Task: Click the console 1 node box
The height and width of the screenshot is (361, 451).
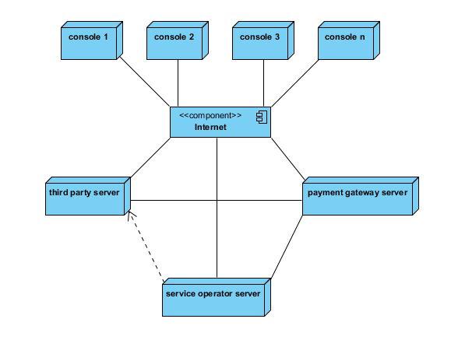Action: click(92, 40)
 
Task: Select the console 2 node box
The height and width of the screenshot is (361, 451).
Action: click(178, 40)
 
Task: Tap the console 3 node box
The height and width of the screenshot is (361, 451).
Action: click(263, 40)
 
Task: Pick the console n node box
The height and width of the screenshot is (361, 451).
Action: click(349, 40)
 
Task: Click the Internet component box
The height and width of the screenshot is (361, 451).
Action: click(220, 122)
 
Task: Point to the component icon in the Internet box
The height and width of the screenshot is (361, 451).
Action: click(262, 117)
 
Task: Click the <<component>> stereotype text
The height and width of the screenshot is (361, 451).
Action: click(210, 115)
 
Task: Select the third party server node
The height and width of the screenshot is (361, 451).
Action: click(88, 196)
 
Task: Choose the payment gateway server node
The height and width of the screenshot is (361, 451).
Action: click(361, 196)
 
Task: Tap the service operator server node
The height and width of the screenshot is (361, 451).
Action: click(217, 297)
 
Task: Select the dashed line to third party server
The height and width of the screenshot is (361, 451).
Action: click(146, 246)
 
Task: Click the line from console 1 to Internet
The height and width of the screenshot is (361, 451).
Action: click(145, 82)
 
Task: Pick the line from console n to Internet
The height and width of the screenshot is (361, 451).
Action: click(294, 83)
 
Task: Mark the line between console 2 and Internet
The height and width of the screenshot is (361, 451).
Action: click(178, 83)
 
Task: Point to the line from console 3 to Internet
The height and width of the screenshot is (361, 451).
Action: click(263, 83)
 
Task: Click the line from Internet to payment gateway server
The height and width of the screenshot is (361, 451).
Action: click(288, 159)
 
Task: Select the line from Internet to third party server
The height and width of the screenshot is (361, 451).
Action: click(150, 157)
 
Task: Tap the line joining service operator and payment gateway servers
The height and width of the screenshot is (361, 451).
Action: click(287, 247)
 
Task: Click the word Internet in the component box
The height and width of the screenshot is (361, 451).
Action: click(210, 127)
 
